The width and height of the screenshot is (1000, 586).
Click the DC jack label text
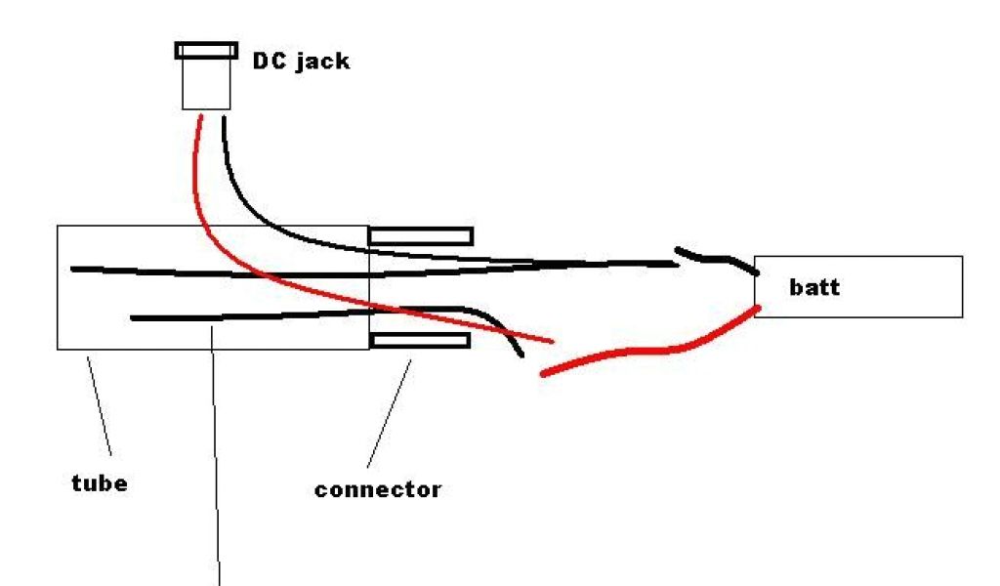pos(301,63)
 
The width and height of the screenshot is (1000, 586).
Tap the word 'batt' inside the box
pos(814,288)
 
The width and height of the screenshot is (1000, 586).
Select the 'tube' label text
pos(100,482)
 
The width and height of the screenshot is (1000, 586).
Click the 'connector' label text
pos(378,488)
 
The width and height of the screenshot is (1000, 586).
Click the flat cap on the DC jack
pos(206,50)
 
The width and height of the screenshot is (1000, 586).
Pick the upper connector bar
pos(421,235)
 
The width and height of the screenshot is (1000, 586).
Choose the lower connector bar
pos(421,340)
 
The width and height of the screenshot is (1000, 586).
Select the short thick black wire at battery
pos(718,259)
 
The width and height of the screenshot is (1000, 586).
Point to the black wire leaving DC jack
pos(244,195)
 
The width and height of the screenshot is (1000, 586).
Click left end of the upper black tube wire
pos(74,268)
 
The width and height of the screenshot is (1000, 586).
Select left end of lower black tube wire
pos(134,317)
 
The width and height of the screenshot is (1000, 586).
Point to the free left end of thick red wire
pos(544,373)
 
